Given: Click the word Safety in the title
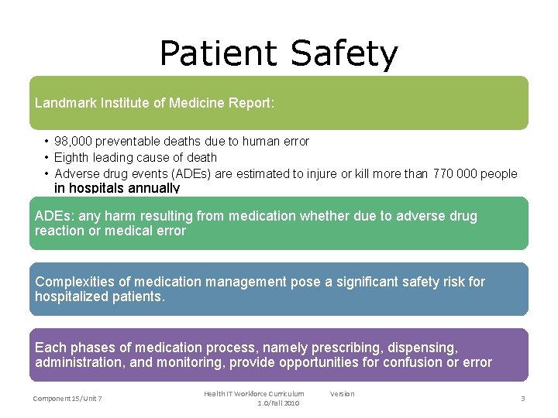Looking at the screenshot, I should pos(344,54).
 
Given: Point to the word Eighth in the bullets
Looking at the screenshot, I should pos(72,158).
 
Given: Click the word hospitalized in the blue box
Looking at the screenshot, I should pos(73,296).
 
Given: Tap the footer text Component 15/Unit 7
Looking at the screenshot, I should pos(67,398).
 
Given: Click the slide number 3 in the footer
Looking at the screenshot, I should pos(523,398).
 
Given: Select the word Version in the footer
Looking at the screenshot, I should pos(342,394).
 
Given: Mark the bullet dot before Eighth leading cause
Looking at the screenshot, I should pos(47,158).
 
